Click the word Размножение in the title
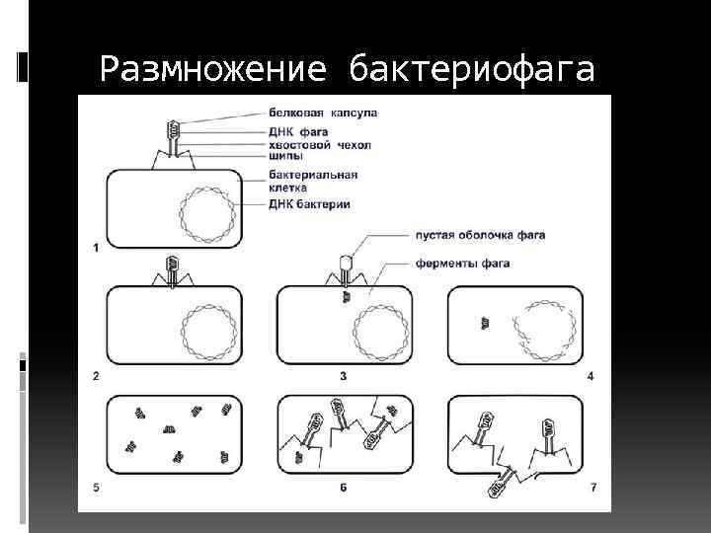pos(213,69)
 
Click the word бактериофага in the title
pos(472,68)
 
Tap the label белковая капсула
pos(323,113)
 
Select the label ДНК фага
pos(298,132)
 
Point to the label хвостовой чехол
pos(320,145)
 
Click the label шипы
pos(285,156)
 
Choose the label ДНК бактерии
pos(309,204)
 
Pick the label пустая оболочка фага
pos(481,235)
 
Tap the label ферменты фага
pos(462,264)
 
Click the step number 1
pos(96,248)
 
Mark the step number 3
pos(343,376)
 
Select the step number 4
pos(590,376)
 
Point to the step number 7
pos(593,488)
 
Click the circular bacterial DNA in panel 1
pos(207,188)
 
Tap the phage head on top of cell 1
pos(174,128)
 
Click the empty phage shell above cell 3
pos(346,263)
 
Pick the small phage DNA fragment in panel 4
pos(485,323)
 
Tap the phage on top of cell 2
pos(172,272)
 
